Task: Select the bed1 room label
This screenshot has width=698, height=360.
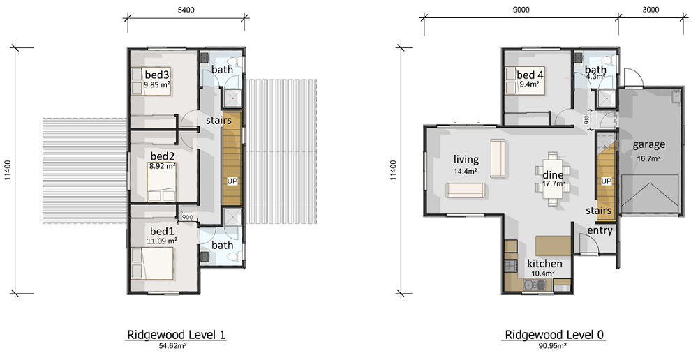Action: click(162, 232)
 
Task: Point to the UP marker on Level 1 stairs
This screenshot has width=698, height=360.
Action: click(232, 181)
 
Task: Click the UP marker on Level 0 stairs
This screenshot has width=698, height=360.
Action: click(607, 181)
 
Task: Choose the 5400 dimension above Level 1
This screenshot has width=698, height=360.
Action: click(186, 10)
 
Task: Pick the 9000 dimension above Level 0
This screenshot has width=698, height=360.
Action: click(521, 10)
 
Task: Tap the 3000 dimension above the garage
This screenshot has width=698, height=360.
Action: click(651, 10)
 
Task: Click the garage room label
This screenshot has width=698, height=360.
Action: click(649, 144)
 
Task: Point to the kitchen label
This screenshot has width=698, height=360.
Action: click(544, 264)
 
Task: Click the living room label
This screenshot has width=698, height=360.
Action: click(466, 159)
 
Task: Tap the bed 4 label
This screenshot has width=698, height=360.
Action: click(529, 75)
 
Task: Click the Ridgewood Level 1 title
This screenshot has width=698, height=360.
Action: click(177, 335)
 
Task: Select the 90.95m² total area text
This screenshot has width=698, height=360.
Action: click(554, 345)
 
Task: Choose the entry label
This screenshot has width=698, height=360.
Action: click(600, 230)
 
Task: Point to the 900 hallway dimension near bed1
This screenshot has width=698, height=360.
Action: click(187, 218)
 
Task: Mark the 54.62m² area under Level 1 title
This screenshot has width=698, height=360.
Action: click(174, 345)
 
